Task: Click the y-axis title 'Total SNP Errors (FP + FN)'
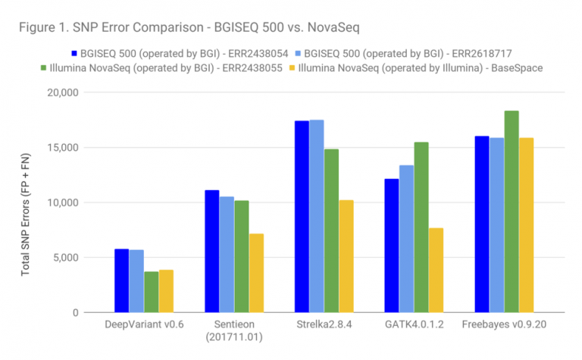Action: pos(26,202)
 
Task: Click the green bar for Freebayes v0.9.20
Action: pos(512,211)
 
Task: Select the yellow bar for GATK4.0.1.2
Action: pos(436,270)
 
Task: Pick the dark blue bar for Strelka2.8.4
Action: pos(302,216)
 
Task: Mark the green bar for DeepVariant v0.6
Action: pos(152,292)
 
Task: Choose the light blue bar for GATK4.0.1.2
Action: pos(407,239)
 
